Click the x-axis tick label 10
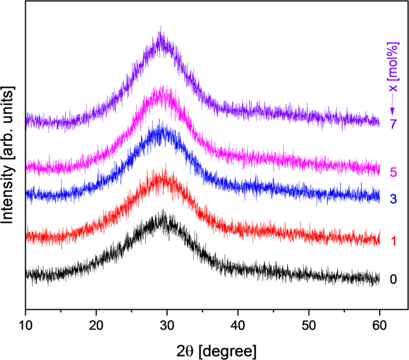25,327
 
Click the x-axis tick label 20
96,327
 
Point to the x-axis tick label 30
167,327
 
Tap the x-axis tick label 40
238,327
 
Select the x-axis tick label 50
309,327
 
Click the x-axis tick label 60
379,327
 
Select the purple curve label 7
393,125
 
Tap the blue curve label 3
393,198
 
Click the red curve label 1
393,241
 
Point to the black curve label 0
393,279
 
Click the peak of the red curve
162,169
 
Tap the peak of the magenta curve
159,88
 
